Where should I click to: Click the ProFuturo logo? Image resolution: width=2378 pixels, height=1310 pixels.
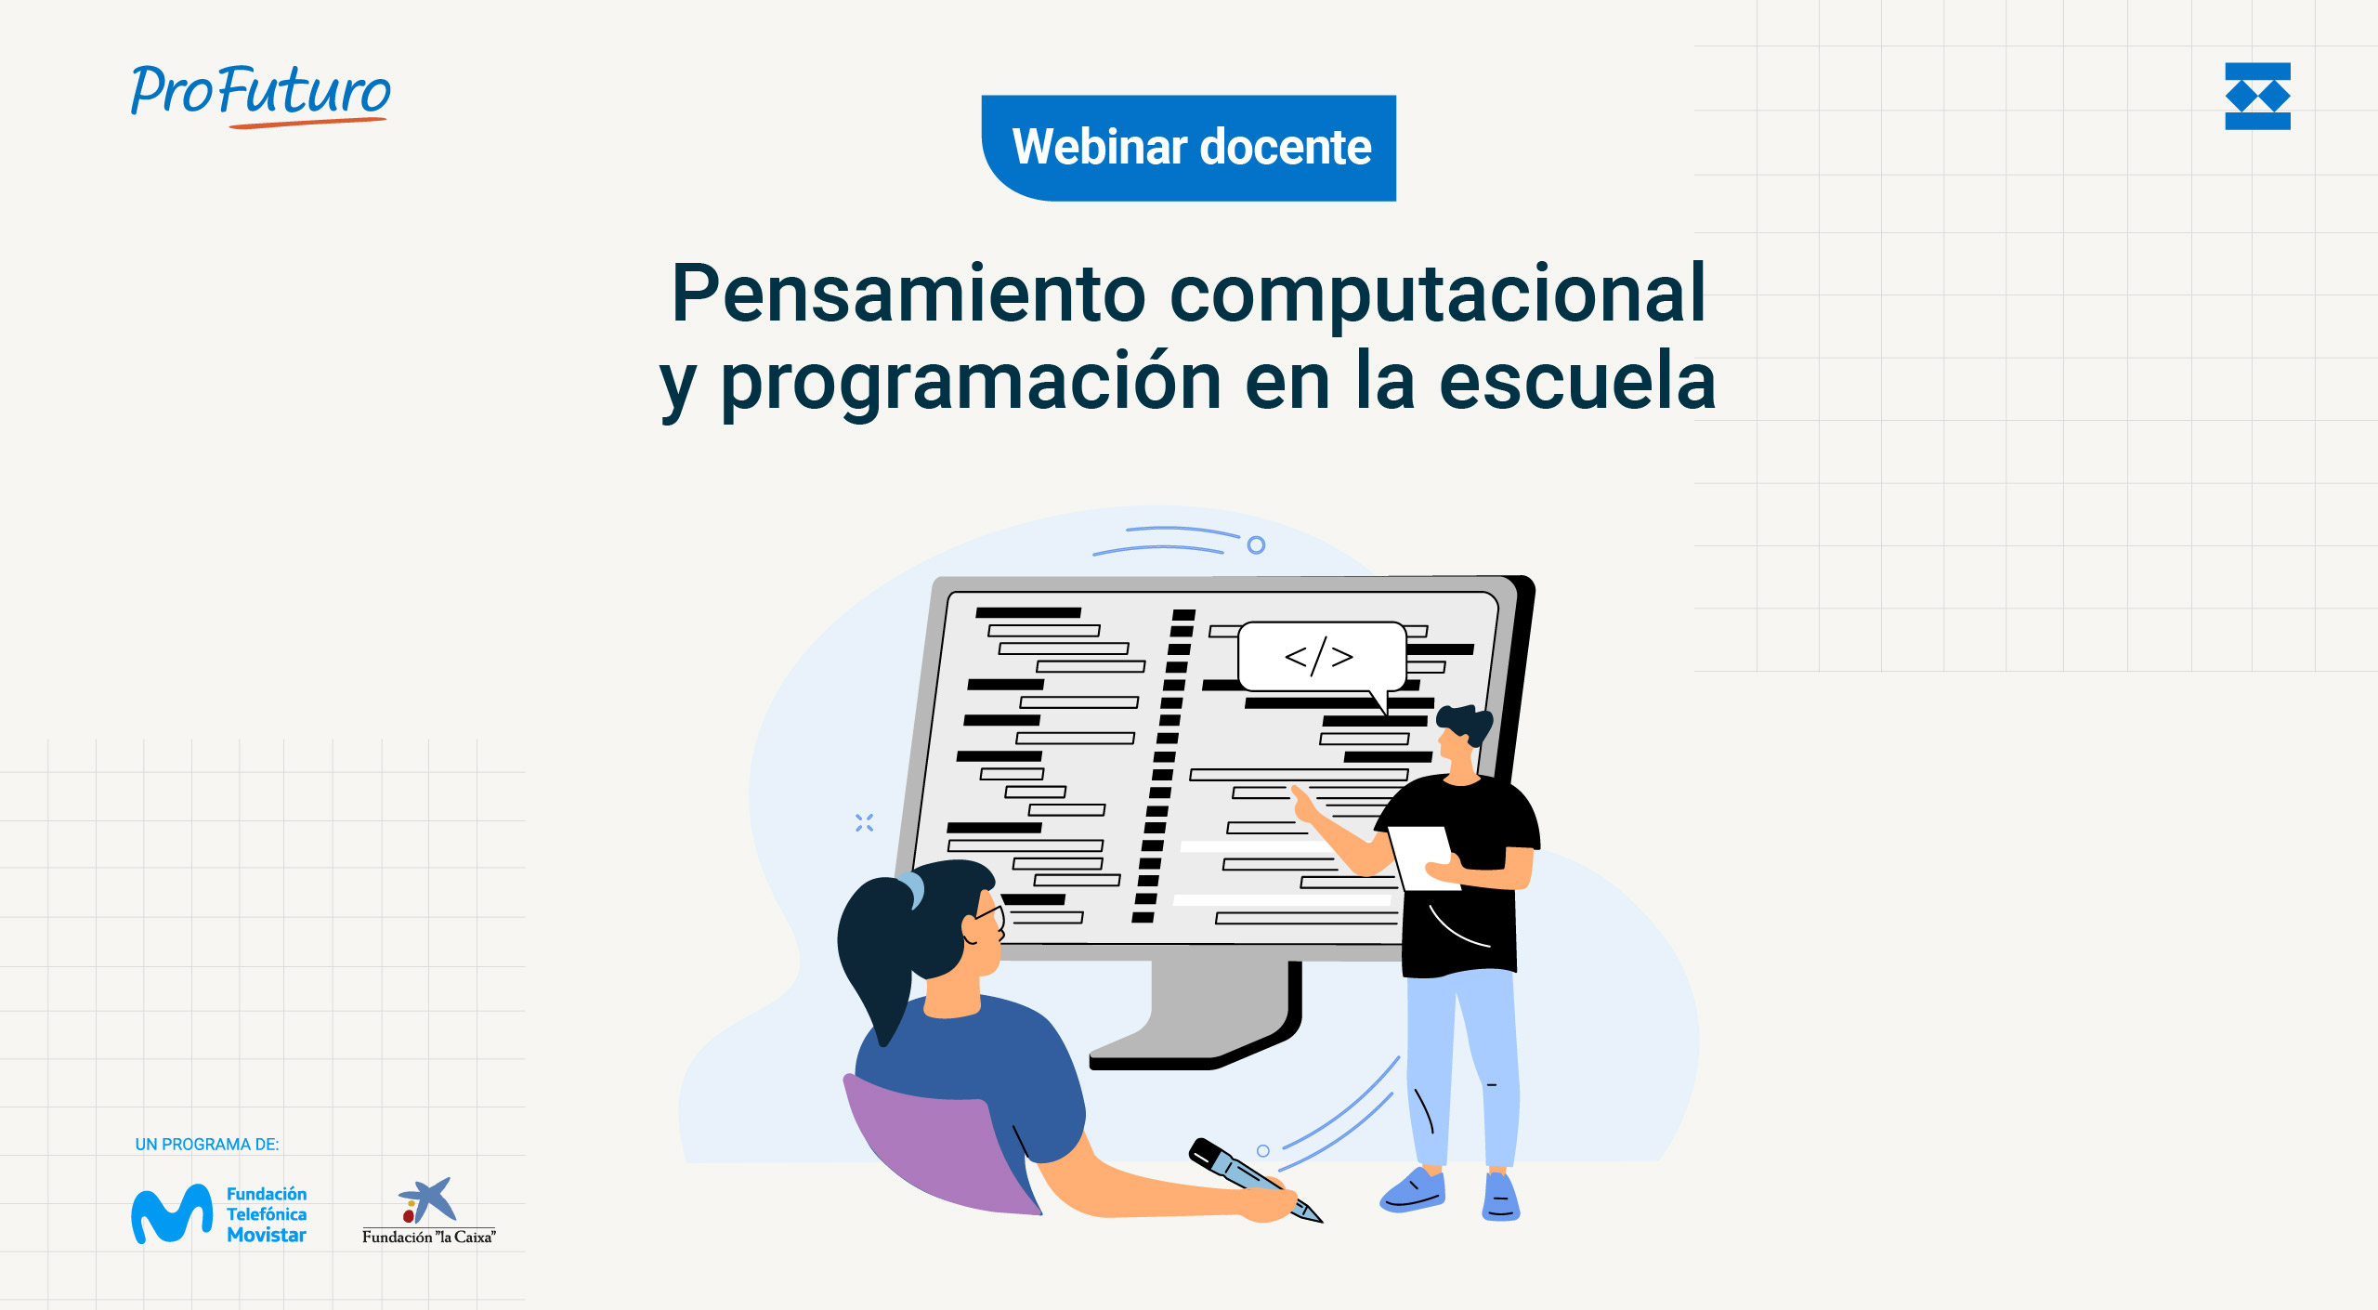point(260,96)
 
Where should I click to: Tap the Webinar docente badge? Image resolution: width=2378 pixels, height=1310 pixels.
point(1189,148)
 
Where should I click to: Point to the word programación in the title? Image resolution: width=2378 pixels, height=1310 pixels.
point(971,383)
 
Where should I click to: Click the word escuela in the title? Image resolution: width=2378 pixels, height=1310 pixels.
point(1576,381)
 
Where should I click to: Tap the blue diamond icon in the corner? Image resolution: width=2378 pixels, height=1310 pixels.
point(2257,97)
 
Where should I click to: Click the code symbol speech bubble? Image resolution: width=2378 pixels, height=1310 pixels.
point(1321,658)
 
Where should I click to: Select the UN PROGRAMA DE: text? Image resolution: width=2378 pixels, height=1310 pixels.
point(207,1145)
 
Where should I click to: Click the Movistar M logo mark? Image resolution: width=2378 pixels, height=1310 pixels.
point(172,1213)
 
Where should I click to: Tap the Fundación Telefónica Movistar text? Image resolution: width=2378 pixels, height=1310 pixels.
point(267,1214)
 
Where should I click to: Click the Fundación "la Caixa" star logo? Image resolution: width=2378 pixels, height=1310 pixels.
point(427,1200)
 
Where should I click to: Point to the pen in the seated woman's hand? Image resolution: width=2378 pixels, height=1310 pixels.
point(1254,1180)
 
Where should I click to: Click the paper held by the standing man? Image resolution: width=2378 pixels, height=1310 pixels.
point(1421,857)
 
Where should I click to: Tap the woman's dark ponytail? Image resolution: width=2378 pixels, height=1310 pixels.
point(878,957)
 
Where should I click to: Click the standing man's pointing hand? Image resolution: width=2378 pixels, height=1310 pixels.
point(1304,805)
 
